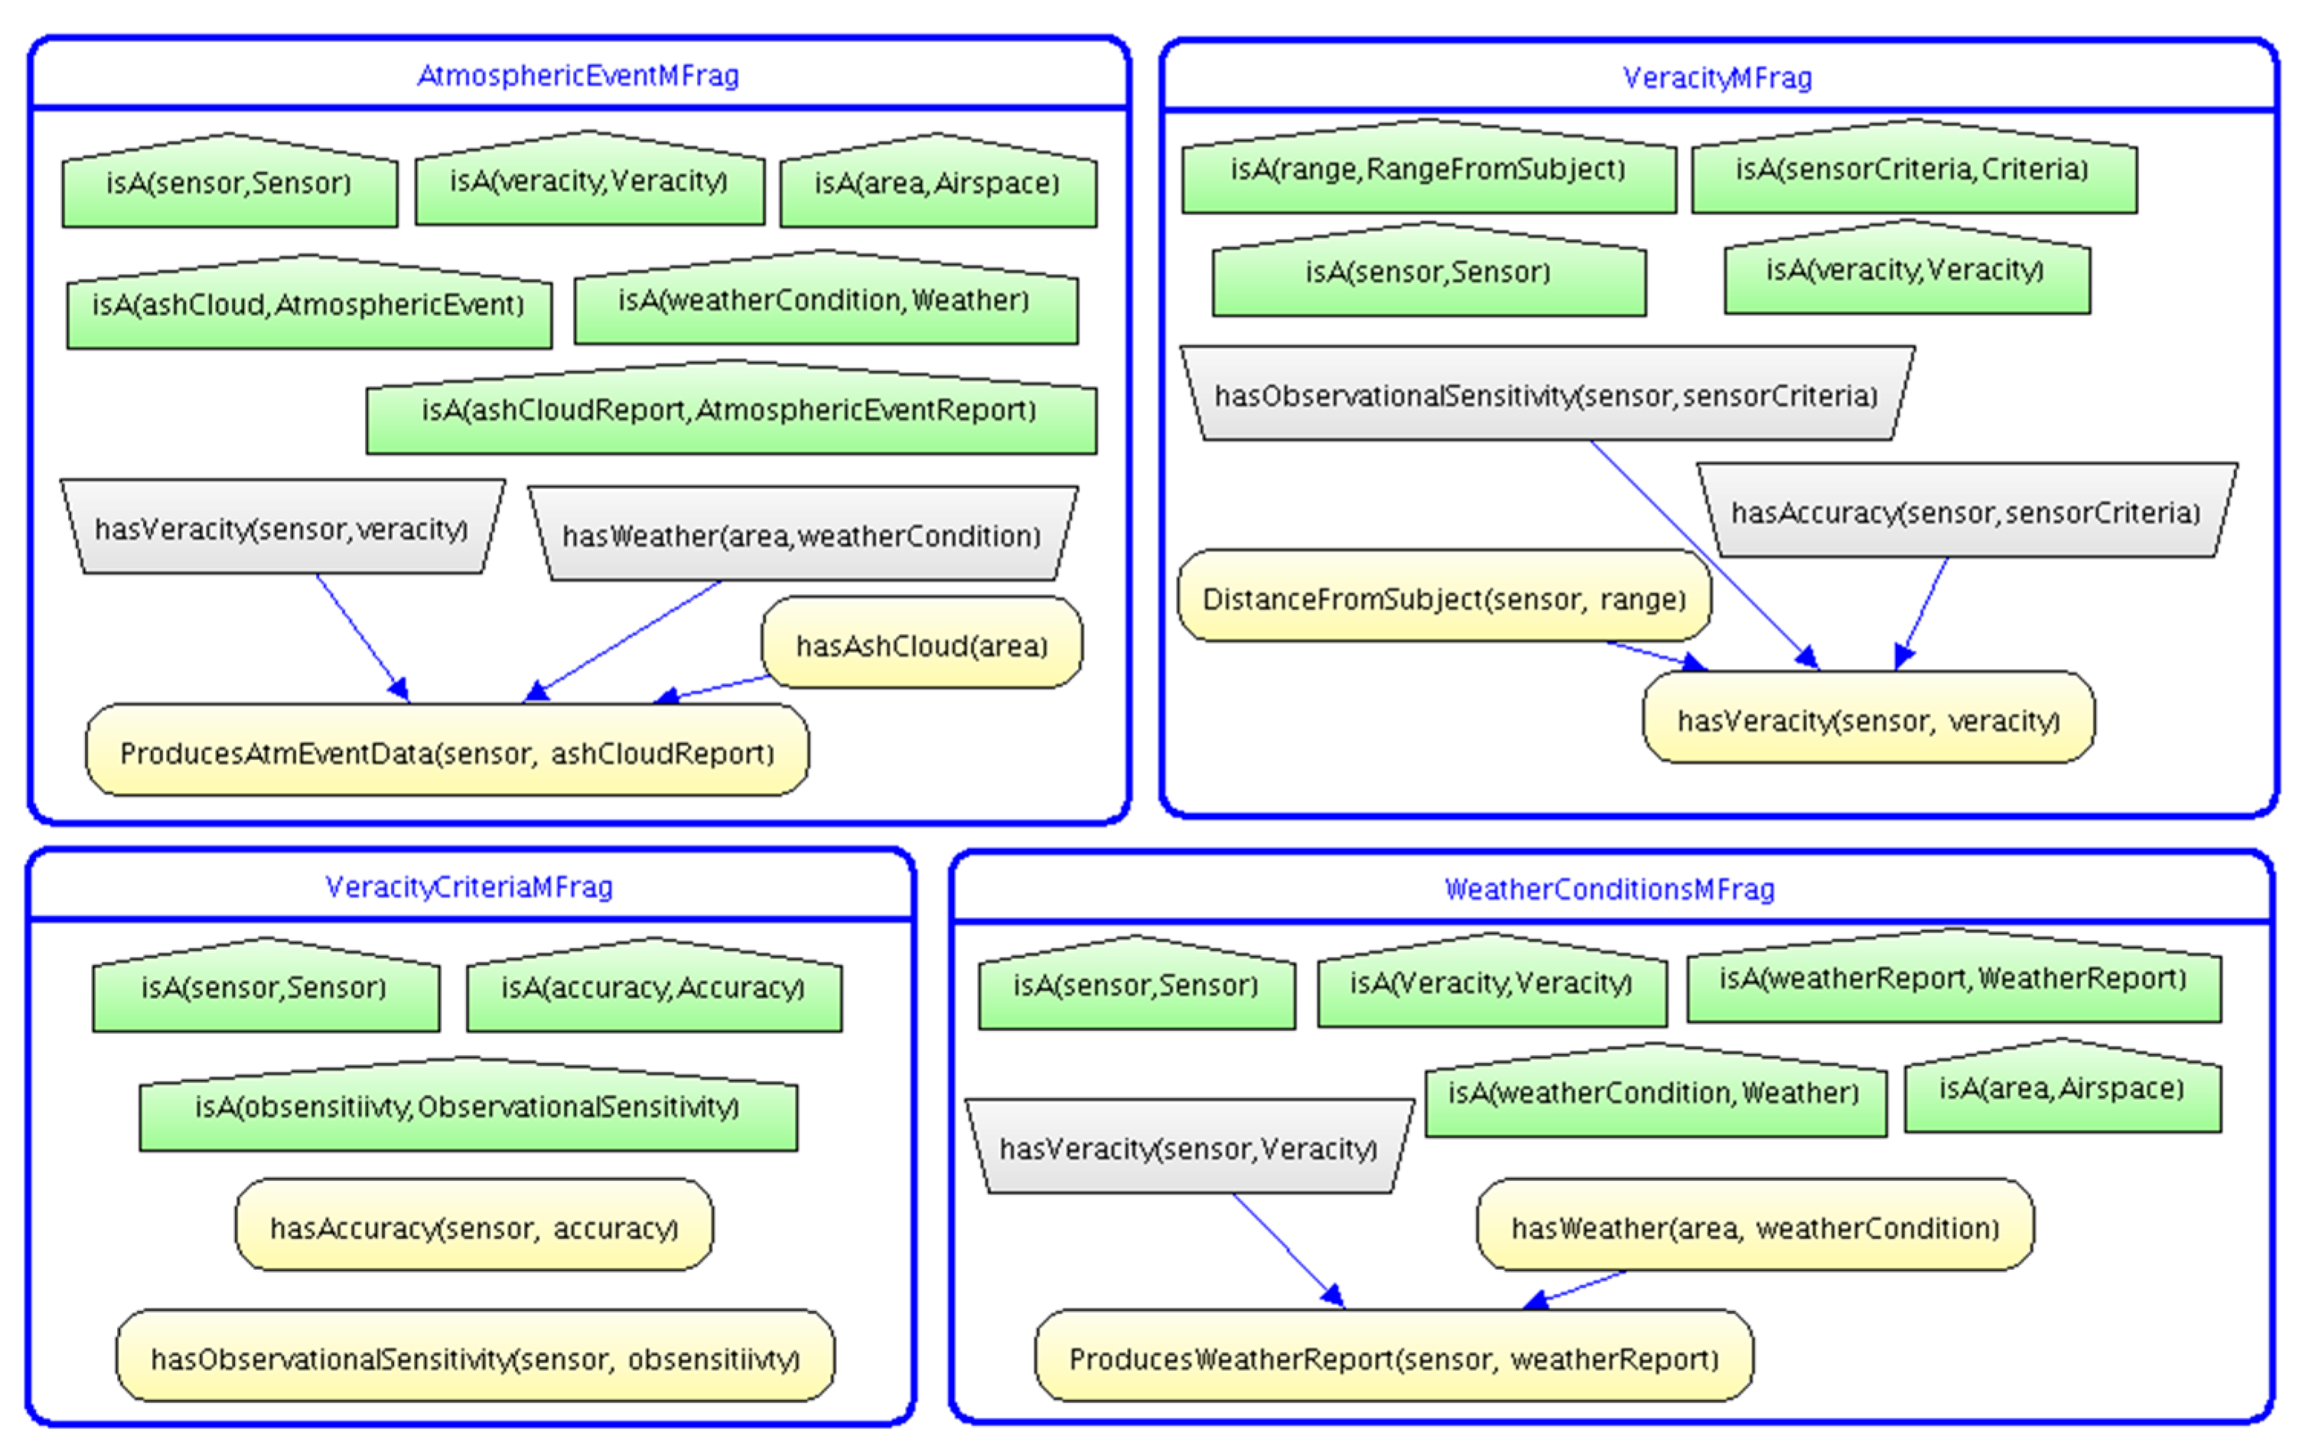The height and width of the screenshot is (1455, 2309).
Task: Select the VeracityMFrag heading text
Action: click(1716, 78)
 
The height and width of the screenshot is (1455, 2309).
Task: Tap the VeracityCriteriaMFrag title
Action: click(469, 886)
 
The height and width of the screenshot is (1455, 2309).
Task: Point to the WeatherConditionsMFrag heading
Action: click(1609, 889)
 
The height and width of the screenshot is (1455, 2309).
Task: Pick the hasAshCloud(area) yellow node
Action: click(921, 645)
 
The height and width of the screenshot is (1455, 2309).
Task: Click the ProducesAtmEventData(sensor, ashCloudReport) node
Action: click(447, 753)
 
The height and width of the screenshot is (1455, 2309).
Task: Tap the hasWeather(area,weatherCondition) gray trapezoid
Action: click(802, 535)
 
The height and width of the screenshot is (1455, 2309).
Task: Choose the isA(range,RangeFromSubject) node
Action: click(1428, 171)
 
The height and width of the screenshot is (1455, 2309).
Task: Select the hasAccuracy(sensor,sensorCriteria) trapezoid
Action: click(1965, 513)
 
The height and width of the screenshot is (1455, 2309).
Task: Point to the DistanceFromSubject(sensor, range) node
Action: click(1443, 599)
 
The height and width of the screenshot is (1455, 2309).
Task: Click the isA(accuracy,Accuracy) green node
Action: click(653, 988)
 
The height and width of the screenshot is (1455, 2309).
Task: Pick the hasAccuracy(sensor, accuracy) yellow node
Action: click(474, 1228)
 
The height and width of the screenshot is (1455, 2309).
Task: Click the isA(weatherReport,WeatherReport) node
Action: click(1952, 979)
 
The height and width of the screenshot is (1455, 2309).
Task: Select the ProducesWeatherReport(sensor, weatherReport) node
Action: click(1393, 1358)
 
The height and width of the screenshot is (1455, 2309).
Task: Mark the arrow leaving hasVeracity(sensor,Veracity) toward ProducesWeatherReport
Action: click(1285, 1247)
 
